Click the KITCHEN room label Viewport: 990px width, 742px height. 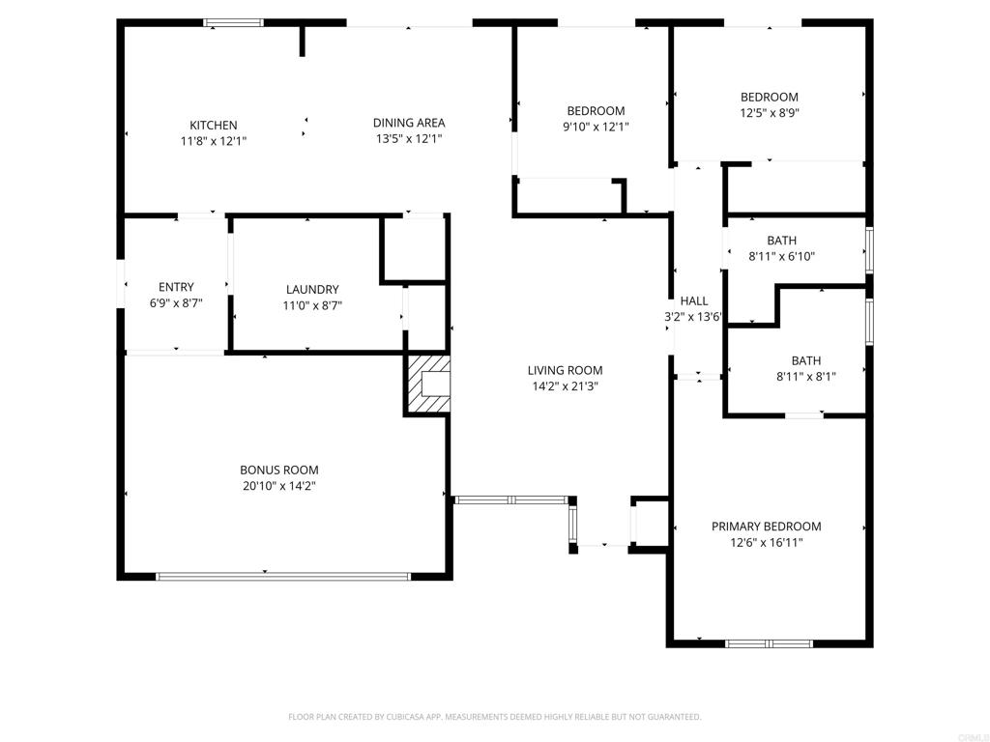(x=214, y=125)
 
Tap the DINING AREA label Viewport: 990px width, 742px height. (x=409, y=123)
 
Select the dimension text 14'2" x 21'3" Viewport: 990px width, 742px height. (x=565, y=386)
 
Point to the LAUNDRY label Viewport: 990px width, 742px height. (x=312, y=289)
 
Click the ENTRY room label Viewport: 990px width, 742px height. (x=176, y=286)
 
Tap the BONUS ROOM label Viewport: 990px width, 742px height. (x=279, y=470)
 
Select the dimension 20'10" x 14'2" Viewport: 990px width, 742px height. (x=279, y=486)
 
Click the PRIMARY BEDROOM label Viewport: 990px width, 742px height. (x=767, y=527)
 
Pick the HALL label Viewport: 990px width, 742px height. (x=694, y=301)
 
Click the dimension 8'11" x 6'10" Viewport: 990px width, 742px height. (x=781, y=256)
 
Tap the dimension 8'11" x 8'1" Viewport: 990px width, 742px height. (x=806, y=377)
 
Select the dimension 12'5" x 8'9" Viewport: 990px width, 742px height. (x=770, y=113)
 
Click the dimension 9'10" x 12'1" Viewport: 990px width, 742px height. (x=596, y=127)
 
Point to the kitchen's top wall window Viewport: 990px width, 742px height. (x=234, y=23)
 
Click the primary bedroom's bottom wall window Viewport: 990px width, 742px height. (x=769, y=643)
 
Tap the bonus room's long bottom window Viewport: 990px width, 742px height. (x=283, y=576)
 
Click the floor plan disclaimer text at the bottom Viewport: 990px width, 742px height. (x=494, y=717)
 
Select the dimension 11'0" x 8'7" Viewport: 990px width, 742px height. (x=312, y=305)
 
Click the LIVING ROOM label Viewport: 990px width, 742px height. (x=565, y=370)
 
